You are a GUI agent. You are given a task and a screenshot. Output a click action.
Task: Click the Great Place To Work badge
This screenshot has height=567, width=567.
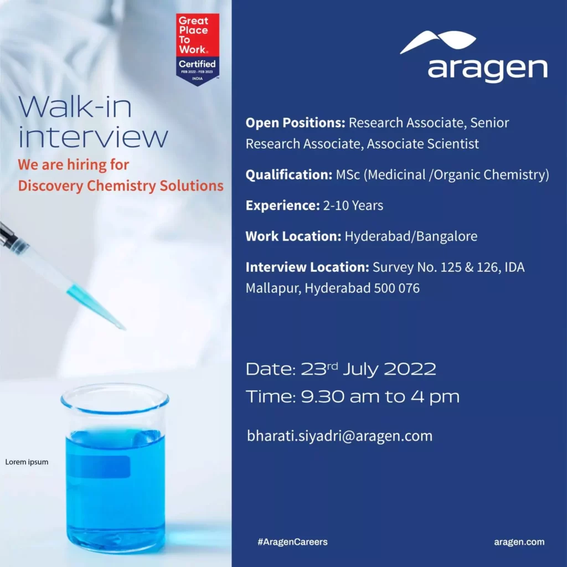(198, 49)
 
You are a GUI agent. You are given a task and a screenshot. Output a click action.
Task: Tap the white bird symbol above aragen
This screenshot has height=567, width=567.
(438, 42)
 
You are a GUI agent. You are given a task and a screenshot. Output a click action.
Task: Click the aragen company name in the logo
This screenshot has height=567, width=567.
(487, 69)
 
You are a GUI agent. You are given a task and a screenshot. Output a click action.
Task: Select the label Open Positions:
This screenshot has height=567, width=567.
(296, 122)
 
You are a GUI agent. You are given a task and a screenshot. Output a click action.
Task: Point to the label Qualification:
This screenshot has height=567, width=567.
(288, 175)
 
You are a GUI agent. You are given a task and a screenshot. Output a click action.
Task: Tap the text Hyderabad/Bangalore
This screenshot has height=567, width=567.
(411, 236)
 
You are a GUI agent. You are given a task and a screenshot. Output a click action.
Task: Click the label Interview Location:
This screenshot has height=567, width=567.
(307, 267)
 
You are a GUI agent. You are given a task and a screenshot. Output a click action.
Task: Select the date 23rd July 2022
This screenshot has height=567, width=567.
(368, 369)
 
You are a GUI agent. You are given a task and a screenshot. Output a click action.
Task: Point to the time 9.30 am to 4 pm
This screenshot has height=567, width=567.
(380, 397)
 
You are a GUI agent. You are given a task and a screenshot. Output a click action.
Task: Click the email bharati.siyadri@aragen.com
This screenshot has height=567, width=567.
(339, 436)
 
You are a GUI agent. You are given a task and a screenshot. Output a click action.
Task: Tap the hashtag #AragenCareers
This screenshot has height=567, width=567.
(292, 542)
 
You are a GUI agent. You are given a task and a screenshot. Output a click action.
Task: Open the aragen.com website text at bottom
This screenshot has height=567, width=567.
(519, 542)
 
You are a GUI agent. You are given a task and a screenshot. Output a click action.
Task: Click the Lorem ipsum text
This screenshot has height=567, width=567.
(27, 462)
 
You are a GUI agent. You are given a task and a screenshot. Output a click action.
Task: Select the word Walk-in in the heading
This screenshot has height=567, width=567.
(75, 107)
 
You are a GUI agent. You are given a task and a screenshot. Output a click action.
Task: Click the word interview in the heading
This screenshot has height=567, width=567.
(93, 137)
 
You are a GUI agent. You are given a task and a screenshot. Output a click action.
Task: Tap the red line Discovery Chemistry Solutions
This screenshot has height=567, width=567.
(121, 186)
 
